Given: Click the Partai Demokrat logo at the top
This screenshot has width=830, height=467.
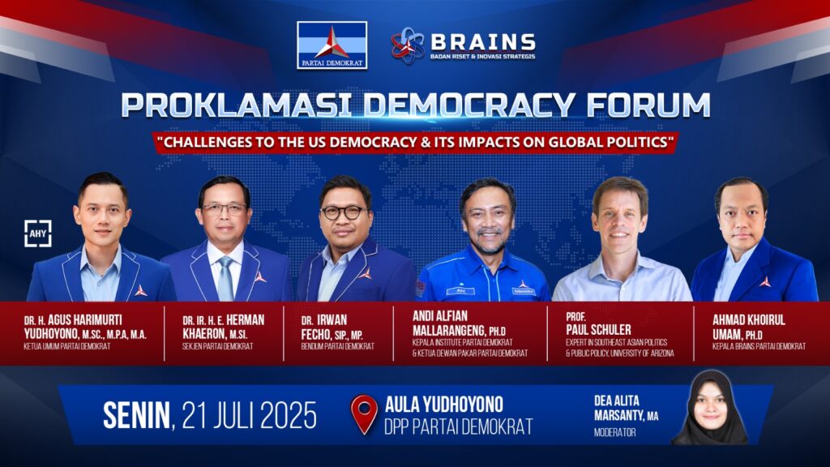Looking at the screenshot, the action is pyautogui.click(x=332, y=45).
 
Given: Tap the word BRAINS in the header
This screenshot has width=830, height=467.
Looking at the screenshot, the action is pyautogui.click(x=483, y=41).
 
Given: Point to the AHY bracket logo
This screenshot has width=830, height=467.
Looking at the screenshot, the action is pyautogui.click(x=38, y=233).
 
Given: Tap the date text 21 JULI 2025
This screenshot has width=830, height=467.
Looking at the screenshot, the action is pyautogui.click(x=250, y=415).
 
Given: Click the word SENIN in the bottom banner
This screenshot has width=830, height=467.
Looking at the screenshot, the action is pyautogui.click(x=136, y=415).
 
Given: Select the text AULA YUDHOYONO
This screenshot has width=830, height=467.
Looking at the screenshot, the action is pyautogui.click(x=443, y=405).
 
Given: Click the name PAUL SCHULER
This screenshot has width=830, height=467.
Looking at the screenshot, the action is pyautogui.click(x=598, y=329).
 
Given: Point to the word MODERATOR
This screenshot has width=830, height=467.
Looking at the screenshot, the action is pyautogui.click(x=614, y=433).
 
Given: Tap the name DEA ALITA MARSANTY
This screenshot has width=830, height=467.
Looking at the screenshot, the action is pyautogui.click(x=627, y=409).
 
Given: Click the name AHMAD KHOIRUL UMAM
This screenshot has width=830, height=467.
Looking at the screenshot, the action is pyautogui.click(x=748, y=328).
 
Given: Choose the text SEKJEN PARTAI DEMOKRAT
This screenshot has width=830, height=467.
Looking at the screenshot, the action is pyautogui.click(x=217, y=346).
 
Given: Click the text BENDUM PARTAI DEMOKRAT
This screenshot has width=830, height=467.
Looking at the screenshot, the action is pyautogui.click(x=338, y=346).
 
